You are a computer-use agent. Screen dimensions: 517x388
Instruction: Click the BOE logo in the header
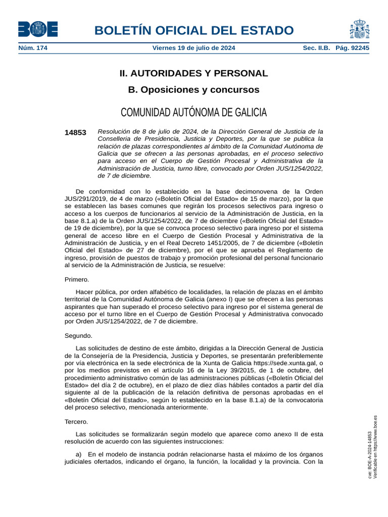coord(38,29)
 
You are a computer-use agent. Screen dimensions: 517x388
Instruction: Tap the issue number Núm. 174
coord(33,48)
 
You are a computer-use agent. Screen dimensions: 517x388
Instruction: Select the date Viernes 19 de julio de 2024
coord(193,48)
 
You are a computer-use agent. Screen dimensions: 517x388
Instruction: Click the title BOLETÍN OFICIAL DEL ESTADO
coord(193,30)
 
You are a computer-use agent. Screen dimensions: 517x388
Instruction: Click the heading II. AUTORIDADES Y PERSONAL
coord(193,73)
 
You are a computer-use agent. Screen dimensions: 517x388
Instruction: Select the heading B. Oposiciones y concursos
coord(193,90)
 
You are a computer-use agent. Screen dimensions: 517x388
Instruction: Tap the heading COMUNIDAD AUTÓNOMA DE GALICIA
coord(193,112)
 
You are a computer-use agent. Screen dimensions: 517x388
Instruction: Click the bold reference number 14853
coord(75,133)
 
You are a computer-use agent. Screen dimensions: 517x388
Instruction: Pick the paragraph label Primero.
coord(77,279)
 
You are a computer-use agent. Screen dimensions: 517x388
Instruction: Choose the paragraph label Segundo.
coord(78,335)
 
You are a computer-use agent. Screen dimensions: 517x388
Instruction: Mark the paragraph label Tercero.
coord(76,421)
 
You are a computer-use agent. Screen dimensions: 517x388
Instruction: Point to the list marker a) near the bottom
coord(79,454)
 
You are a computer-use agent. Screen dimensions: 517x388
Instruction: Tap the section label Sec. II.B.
coord(316,48)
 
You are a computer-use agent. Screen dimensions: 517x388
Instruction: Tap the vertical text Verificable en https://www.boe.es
coord(375,447)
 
